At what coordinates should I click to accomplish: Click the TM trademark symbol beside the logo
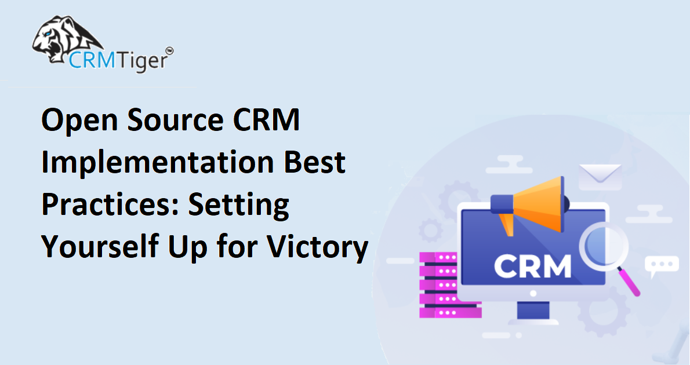pyautogui.click(x=169, y=51)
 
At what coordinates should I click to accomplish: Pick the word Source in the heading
pyautogui.click(x=176, y=121)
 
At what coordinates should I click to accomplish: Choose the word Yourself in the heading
pyautogui.click(x=100, y=246)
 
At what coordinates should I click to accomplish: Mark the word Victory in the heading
pyautogui.click(x=318, y=247)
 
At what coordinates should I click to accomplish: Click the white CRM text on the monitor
pyautogui.click(x=532, y=266)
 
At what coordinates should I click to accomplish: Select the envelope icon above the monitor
pyautogui.click(x=600, y=177)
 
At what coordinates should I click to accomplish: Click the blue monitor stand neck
pyautogui.click(x=533, y=310)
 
